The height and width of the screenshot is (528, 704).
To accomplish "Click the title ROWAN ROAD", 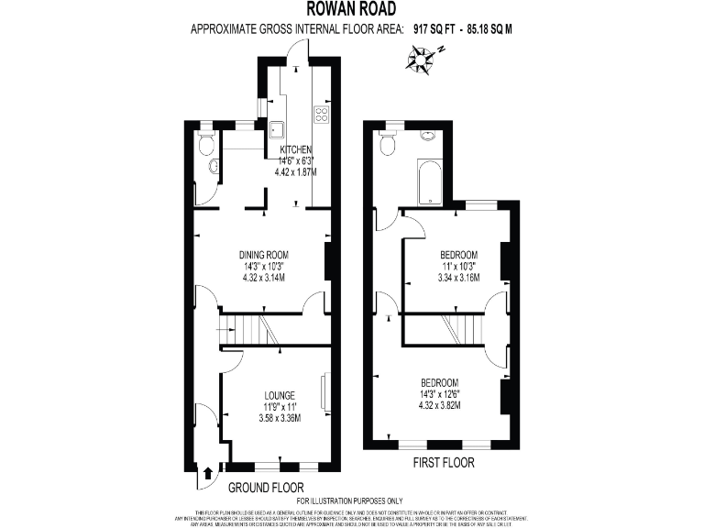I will (352, 10).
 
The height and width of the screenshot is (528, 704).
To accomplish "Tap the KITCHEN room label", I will (296, 149).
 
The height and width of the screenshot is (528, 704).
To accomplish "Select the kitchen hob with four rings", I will (322, 115).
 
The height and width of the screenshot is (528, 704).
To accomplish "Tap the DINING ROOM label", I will (264, 255).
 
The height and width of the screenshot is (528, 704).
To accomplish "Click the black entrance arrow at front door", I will (205, 474).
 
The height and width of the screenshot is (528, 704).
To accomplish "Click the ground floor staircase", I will (248, 329).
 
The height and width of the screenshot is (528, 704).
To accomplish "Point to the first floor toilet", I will (388, 144).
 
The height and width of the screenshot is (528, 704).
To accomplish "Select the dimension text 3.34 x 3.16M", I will (458, 277).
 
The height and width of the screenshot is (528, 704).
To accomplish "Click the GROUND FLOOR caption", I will (265, 487).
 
